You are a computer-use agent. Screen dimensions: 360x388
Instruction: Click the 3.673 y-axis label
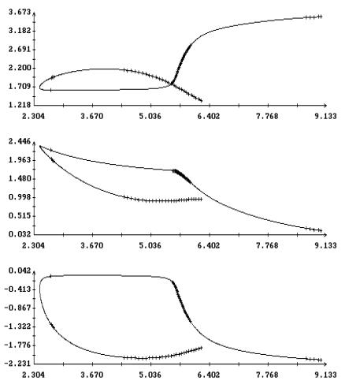coord(20,12)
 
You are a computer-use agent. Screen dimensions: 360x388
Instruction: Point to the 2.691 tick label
coord(20,49)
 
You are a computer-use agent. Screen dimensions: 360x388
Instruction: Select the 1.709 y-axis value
coord(20,87)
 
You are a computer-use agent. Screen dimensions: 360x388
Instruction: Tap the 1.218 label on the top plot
coord(20,105)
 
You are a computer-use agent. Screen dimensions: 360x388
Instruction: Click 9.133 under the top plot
coord(325,116)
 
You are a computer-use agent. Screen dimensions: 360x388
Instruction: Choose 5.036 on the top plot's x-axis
coord(150,116)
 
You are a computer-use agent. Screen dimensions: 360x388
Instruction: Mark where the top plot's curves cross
coord(172,84)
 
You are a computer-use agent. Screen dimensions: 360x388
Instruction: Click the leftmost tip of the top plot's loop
coord(39,88)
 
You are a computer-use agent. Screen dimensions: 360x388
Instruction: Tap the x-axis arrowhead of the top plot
coord(325,105)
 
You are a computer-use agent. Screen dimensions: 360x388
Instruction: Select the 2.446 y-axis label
coord(20,141)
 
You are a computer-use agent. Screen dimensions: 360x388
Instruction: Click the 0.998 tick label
coord(20,197)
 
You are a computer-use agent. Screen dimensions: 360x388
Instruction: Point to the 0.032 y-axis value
coord(20,234)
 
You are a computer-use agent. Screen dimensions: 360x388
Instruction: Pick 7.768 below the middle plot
coord(267,245)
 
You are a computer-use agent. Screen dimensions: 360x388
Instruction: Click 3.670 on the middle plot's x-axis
coord(91,245)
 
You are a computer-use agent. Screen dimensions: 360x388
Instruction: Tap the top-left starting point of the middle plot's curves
coord(39,146)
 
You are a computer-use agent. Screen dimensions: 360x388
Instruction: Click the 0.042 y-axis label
coord(20,270)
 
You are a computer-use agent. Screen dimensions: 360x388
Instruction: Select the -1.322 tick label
coord(17,326)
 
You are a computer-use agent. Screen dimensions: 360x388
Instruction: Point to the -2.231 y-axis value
coord(17,364)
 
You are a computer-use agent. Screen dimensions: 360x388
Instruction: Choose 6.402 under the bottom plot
coord(209,375)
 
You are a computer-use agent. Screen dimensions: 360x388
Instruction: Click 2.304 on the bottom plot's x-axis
coord(33,375)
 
